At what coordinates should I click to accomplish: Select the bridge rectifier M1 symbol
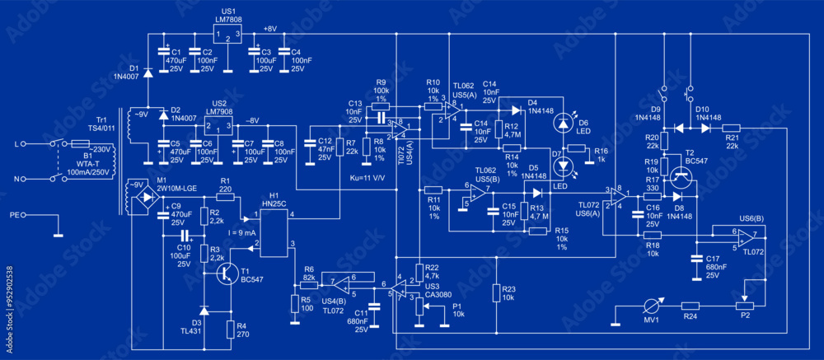pos(148,198)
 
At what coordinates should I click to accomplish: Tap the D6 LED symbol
pos(564,124)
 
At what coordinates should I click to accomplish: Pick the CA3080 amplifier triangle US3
pos(400,288)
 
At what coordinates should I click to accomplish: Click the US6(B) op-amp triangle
pos(745,239)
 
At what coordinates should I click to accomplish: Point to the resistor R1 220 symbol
pos(225,198)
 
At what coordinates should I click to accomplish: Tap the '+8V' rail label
pos(270,28)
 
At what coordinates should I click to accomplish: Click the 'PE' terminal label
pos(15,217)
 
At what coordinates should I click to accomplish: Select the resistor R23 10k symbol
pos(497,292)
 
